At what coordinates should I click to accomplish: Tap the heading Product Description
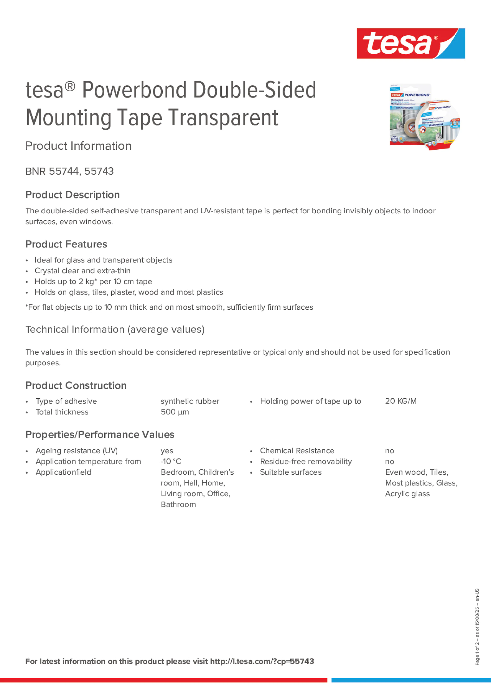click(x=72, y=195)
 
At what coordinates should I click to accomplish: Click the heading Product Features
click(x=66, y=244)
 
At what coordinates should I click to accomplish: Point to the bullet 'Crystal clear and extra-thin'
click(x=82, y=271)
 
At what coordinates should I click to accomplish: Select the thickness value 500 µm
click(x=175, y=412)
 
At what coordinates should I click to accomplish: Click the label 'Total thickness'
click(x=62, y=412)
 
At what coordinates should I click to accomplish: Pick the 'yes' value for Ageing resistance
click(x=167, y=451)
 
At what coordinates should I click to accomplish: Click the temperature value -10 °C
click(x=171, y=461)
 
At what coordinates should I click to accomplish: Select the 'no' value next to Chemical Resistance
click(x=389, y=451)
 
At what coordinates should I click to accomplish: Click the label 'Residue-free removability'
click(x=306, y=461)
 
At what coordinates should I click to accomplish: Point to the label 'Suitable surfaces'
click(x=291, y=472)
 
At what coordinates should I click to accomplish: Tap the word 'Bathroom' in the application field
click(x=178, y=504)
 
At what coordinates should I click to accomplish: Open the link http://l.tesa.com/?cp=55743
click(x=262, y=661)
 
